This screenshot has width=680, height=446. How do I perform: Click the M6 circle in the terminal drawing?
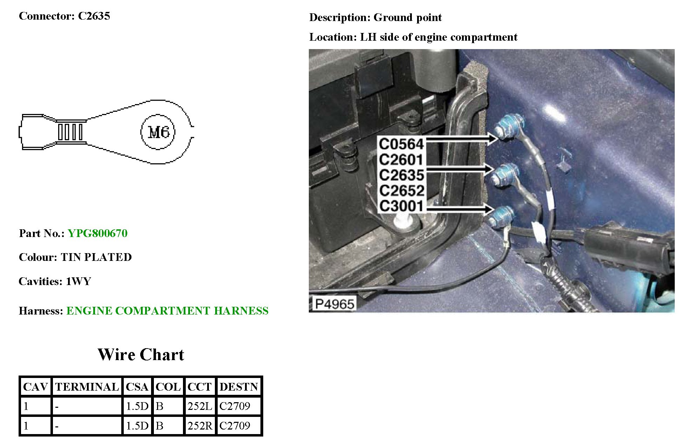(158, 132)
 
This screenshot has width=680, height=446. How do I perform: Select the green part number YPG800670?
(97, 233)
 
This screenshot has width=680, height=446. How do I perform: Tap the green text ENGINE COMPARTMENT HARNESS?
(167, 311)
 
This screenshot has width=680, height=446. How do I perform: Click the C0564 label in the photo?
(401, 144)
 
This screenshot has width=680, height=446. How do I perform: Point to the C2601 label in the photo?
(401, 160)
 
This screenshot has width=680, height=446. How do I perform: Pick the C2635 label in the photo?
(401, 175)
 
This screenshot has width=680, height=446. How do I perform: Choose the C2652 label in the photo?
(401, 190)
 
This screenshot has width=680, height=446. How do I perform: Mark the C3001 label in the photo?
(401, 206)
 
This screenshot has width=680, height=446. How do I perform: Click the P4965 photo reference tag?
(334, 304)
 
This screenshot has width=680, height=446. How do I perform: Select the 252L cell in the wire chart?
(200, 406)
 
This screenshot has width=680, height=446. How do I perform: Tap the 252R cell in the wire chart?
(200, 426)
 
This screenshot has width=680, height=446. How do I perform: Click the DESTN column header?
(239, 387)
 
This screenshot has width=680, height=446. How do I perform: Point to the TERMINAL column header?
(87, 387)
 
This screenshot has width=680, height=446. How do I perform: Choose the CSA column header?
(137, 387)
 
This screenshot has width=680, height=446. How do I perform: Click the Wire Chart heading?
(141, 354)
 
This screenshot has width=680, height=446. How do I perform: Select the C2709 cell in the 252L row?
(235, 406)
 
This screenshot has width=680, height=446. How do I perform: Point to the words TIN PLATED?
(96, 257)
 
